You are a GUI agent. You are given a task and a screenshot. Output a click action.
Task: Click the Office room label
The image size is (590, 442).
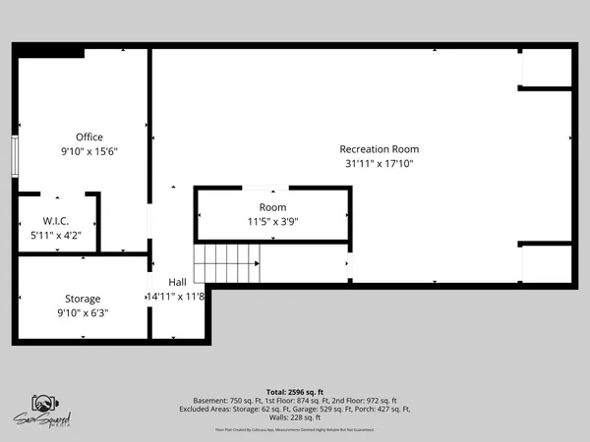click(x=88, y=137)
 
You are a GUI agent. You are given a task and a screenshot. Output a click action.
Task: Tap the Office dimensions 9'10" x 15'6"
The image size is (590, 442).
click(x=88, y=151)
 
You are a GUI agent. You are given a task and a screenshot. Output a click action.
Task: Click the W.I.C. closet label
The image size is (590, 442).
click(x=54, y=221)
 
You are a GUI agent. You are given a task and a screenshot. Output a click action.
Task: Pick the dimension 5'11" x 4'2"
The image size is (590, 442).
click(x=56, y=235)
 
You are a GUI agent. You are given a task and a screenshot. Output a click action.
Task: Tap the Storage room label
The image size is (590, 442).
click(x=84, y=298)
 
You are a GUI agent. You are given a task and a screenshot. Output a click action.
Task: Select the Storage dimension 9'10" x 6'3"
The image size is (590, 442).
click(x=84, y=312)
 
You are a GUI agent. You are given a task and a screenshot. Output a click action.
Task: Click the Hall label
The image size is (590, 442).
click(x=177, y=282)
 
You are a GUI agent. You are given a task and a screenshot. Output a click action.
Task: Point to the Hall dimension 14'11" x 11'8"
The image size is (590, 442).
click(x=176, y=296)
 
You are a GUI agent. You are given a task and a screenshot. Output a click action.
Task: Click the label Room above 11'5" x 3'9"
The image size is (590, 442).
click(x=272, y=207)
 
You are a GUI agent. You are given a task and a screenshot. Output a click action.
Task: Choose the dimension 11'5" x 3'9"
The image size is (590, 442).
click(x=272, y=222)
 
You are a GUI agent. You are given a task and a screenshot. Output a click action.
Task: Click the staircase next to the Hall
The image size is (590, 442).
click(x=228, y=265)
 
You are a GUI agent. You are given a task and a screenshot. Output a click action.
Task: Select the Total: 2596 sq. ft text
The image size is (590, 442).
click(x=294, y=392)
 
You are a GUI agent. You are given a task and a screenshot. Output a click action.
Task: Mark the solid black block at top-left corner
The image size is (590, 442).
click(x=35, y=50)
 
